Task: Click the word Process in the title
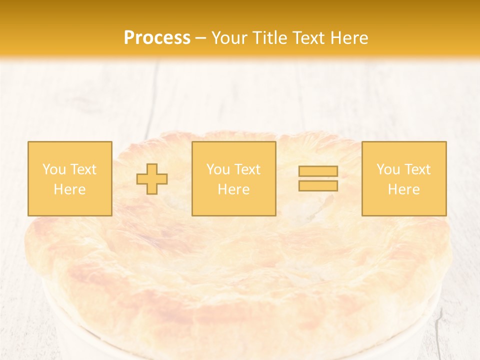click(157, 38)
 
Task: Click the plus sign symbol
click(152, 179)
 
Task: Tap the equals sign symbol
click(318, 178)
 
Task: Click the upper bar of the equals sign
click(318, 171)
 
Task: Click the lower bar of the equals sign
click(318, 186)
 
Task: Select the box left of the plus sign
click(69, 178)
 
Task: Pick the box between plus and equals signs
click(233, 178)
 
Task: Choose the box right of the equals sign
click(403, 178)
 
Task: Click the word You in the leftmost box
click(54, 169)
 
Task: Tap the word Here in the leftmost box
click(69, 189)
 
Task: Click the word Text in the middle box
click(247, 169)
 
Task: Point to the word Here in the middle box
click(233, 189)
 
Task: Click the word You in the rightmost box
click(388, 169)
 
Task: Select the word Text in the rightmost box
click(417, 169)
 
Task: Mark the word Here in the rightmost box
click(403, 189)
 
